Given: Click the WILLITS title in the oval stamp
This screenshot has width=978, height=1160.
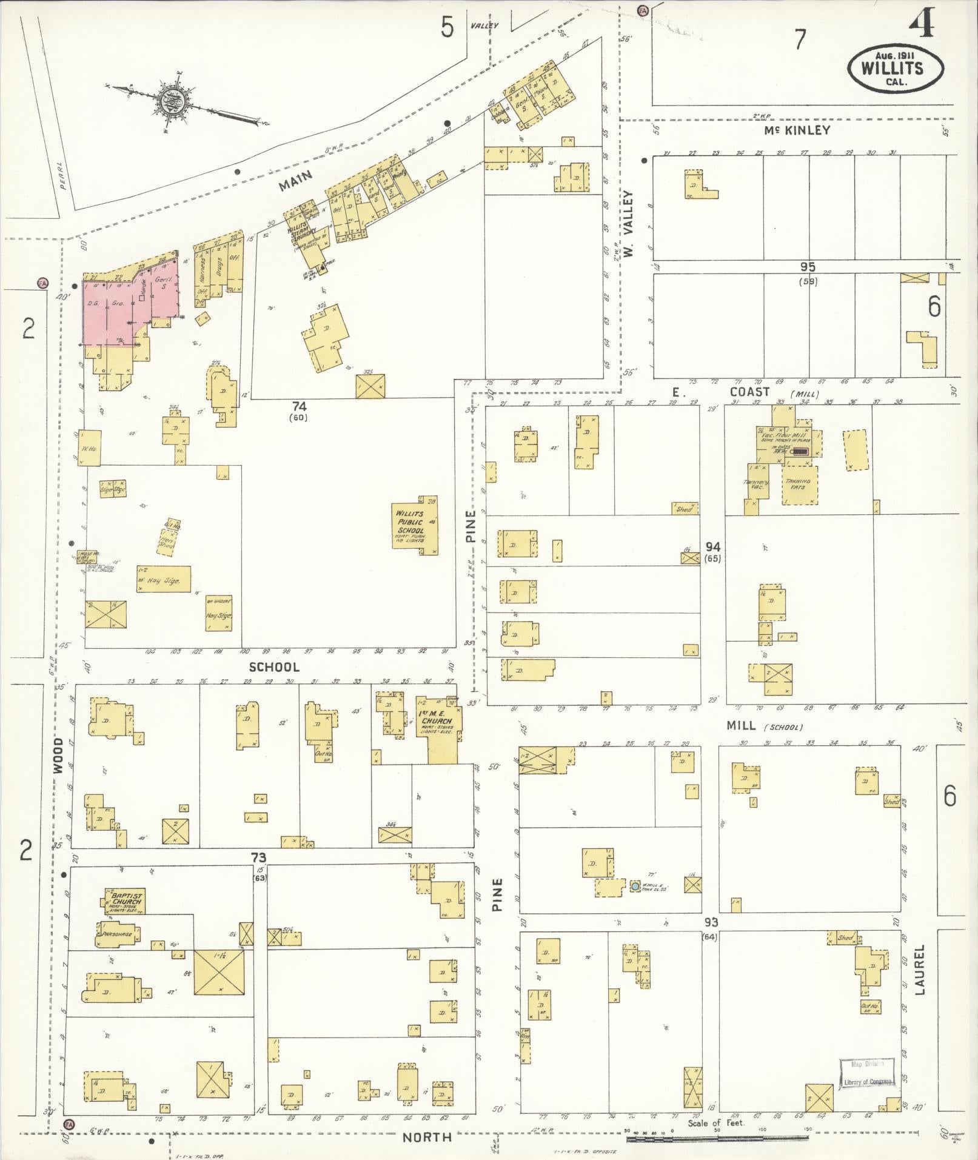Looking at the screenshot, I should [895, 67].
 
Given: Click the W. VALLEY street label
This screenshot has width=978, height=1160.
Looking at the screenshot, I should [628, 224].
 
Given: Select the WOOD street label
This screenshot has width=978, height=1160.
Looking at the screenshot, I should [58, 756].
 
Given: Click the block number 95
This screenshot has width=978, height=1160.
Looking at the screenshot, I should [807, 267].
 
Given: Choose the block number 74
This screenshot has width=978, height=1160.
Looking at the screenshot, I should [299, 406].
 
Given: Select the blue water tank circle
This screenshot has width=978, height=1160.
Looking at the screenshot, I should [635, 886].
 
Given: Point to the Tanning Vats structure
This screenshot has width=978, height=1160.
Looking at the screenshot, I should [799, 484].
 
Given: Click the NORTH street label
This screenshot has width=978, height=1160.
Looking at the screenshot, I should [427, 1138].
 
